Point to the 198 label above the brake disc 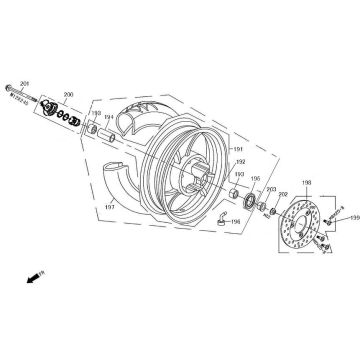[x=306, y=184]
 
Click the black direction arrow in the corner [x=34, y=272]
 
